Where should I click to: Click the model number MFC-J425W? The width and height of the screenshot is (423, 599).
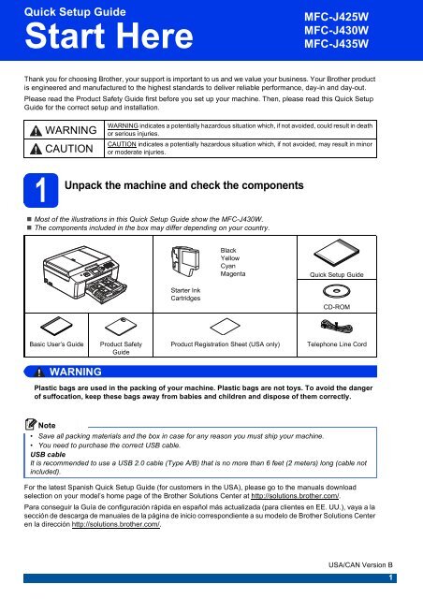(x=336, y=17)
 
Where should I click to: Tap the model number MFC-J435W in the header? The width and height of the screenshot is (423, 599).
(x=336, y=44)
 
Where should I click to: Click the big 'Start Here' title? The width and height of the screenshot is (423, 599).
(x=109, y=36)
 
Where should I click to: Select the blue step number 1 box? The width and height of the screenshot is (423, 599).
(x=41, y=190)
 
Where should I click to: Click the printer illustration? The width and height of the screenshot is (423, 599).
(x=85, y=274)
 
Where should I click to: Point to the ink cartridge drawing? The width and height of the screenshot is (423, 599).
(x=185, y=261)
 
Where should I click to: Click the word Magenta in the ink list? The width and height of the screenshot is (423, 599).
(x=233, y=274)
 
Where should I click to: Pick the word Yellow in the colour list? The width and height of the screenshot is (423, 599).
(x=230, y=258)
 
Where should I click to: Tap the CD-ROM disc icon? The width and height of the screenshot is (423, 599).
(x=336, y=291)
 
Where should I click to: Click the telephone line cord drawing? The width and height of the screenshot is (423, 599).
(x=336, y=326)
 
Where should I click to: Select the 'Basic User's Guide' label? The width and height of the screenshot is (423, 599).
(x=56, y=343)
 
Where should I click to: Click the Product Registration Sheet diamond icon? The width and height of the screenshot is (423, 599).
(x=225, y=327)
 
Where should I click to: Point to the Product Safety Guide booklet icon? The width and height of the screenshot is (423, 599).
(x=121, y=326)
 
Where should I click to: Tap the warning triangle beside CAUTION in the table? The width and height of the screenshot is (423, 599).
(x=36, y=149)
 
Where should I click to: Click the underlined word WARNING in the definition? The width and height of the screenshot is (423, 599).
(x=123, y=125)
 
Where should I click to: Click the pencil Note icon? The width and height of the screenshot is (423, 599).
(x=31, y=424)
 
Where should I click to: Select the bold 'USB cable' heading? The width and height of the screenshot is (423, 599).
(x=48, y=454)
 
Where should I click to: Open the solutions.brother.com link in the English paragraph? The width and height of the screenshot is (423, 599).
(x=295, y=496)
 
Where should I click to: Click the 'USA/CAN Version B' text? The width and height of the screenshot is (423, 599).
(x=360, y=564)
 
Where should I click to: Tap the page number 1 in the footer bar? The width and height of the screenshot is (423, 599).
(x=390, y=577)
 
